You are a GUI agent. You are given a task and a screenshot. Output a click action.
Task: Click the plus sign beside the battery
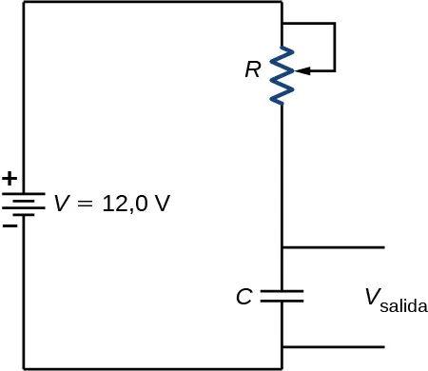point(10,178)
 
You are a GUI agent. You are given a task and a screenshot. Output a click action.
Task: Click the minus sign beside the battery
point(10,226)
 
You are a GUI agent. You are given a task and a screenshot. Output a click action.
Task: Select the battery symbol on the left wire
point(23,204)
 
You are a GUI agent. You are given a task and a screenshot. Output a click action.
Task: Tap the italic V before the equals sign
point(61,203)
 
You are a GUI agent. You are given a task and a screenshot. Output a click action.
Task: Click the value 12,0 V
point(132,203)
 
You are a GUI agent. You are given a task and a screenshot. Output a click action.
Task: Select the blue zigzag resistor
point(282,76)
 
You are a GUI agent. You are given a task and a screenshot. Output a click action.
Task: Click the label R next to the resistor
point(252,69)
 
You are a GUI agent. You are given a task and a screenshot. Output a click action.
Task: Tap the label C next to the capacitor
point(243,297)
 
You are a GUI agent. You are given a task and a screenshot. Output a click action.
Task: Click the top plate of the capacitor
point(282,289)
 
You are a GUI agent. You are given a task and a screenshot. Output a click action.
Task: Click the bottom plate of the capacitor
point(282,301)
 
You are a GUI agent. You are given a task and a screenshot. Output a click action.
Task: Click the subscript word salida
point(403,307)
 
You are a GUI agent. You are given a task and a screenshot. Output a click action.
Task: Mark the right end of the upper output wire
point(383,247)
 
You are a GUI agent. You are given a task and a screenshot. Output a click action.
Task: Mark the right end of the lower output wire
point(383,347)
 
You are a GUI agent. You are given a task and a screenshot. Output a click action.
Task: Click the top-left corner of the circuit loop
point(24,3)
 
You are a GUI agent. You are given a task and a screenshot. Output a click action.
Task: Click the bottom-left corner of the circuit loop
point(24,367)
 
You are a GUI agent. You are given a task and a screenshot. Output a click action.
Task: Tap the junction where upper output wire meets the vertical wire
point(282,247)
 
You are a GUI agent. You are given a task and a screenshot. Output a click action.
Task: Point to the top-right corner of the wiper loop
point(335,24)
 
